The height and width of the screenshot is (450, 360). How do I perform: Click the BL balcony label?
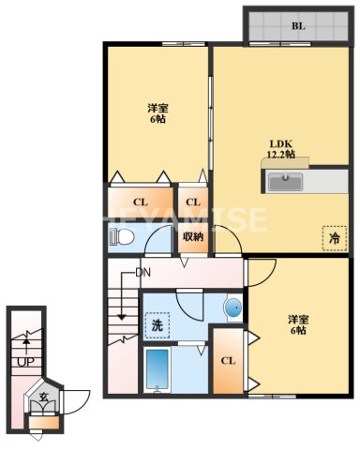(x=297, y=26)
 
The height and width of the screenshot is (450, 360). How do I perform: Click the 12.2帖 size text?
(x=280, y=155)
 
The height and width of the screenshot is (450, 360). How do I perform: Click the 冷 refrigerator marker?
(x=333, y=239)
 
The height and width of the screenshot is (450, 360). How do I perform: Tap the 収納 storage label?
(x=193, y=236)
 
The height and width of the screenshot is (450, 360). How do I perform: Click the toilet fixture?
(x=119, y=238)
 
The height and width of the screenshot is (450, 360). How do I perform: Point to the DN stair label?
(x=142, y=273)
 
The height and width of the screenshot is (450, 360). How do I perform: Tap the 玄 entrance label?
(x=43, y=397)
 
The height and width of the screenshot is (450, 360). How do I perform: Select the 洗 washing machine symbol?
(x=157, y=324)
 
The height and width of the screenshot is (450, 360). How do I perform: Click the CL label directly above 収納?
(x=192, y=202)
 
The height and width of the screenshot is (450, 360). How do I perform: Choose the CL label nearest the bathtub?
(x=227, y=361)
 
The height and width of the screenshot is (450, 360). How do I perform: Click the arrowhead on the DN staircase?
(x=122, y=316)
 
